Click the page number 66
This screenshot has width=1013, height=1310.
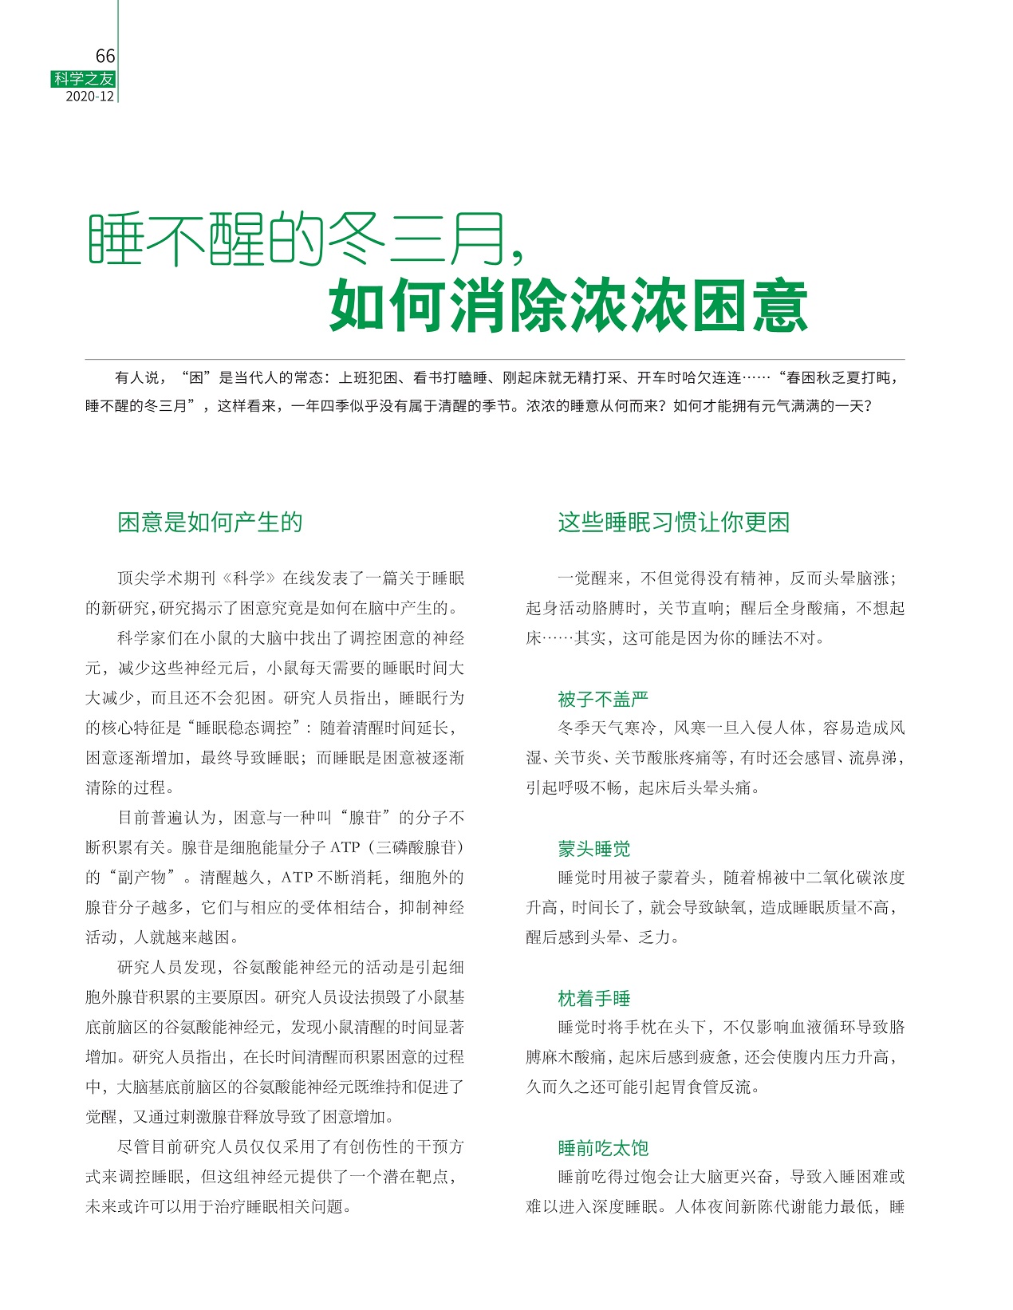tap(104, 56)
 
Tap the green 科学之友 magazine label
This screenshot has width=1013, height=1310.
tap(84, 79)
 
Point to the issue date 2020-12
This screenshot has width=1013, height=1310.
tap(90, 97)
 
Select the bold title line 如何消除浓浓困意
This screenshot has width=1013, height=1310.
tap(568, 306)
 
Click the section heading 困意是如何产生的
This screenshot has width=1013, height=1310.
tap(210, 523)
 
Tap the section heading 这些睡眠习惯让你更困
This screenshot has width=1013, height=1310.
tap(673, 523)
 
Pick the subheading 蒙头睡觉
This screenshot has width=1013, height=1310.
tap(593, 849)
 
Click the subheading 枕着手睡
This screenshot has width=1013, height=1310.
tap(593, 998)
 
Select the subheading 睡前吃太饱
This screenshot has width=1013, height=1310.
tap(603, 1148)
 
